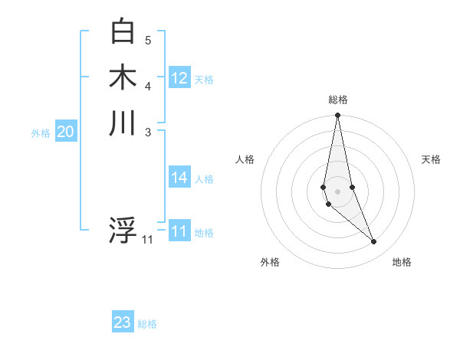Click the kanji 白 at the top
click(123, 31)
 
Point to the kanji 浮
click(123, 231)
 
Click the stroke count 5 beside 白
click(148, 40)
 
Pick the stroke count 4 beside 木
click(148, 85)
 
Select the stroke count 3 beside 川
click(148, 131)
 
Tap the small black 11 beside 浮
click(147, 240)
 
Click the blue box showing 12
click(179, 78)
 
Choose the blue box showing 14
click(179, 178)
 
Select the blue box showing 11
click(179, 231)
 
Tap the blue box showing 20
click(66, 133)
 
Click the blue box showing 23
click(123, 322)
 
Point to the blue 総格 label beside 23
click(147, 324)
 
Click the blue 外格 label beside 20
click(41, 133)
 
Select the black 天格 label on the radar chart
click(432, 159)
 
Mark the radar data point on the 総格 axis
click(337, 116)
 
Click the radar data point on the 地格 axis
click(374, 242)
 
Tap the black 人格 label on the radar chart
click(245, 159)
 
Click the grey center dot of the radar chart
click(337, 180)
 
